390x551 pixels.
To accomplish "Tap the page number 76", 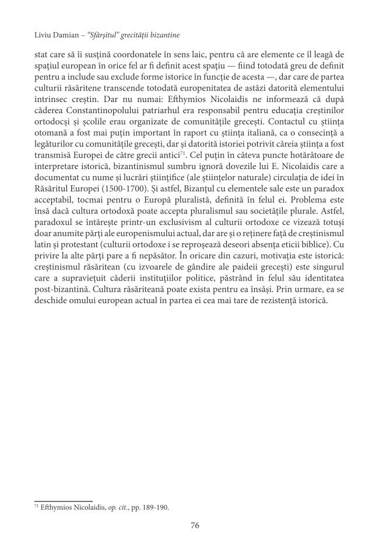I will [x=195, y=525].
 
